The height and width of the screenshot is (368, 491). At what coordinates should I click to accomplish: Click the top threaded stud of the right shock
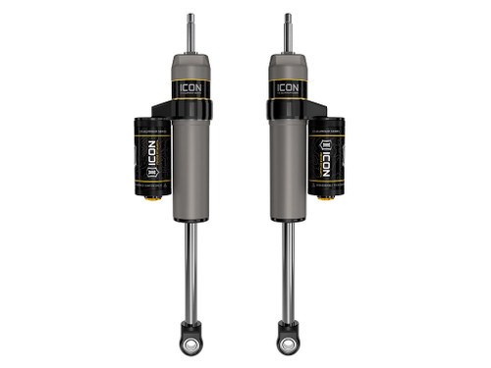pos(288,29)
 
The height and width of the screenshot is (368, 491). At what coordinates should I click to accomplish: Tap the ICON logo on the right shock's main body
pos(288,87)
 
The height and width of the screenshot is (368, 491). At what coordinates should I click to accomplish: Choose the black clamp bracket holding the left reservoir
pos(167,111)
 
